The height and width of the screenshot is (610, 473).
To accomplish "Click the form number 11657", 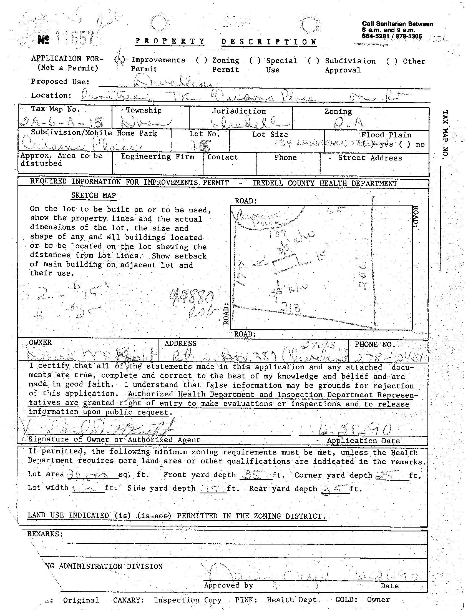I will pos(75,38).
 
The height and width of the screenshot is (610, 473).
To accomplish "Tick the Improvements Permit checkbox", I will pos(120,59).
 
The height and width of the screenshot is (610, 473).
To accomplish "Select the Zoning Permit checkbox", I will pos(201,60).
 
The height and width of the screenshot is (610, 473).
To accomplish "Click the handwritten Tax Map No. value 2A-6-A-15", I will pos(62,122).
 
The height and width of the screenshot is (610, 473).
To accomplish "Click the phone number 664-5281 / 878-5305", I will pos(391,36).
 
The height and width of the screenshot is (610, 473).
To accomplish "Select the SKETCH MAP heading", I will pos(93,195).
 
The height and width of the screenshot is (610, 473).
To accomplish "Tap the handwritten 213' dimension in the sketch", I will pos(292,307).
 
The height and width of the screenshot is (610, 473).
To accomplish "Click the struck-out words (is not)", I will pos(154,516).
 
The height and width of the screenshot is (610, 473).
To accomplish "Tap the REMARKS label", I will pos(45,534).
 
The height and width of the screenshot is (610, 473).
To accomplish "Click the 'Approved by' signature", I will pos(266,576).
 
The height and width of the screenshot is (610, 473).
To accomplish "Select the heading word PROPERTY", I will pos(170,41).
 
